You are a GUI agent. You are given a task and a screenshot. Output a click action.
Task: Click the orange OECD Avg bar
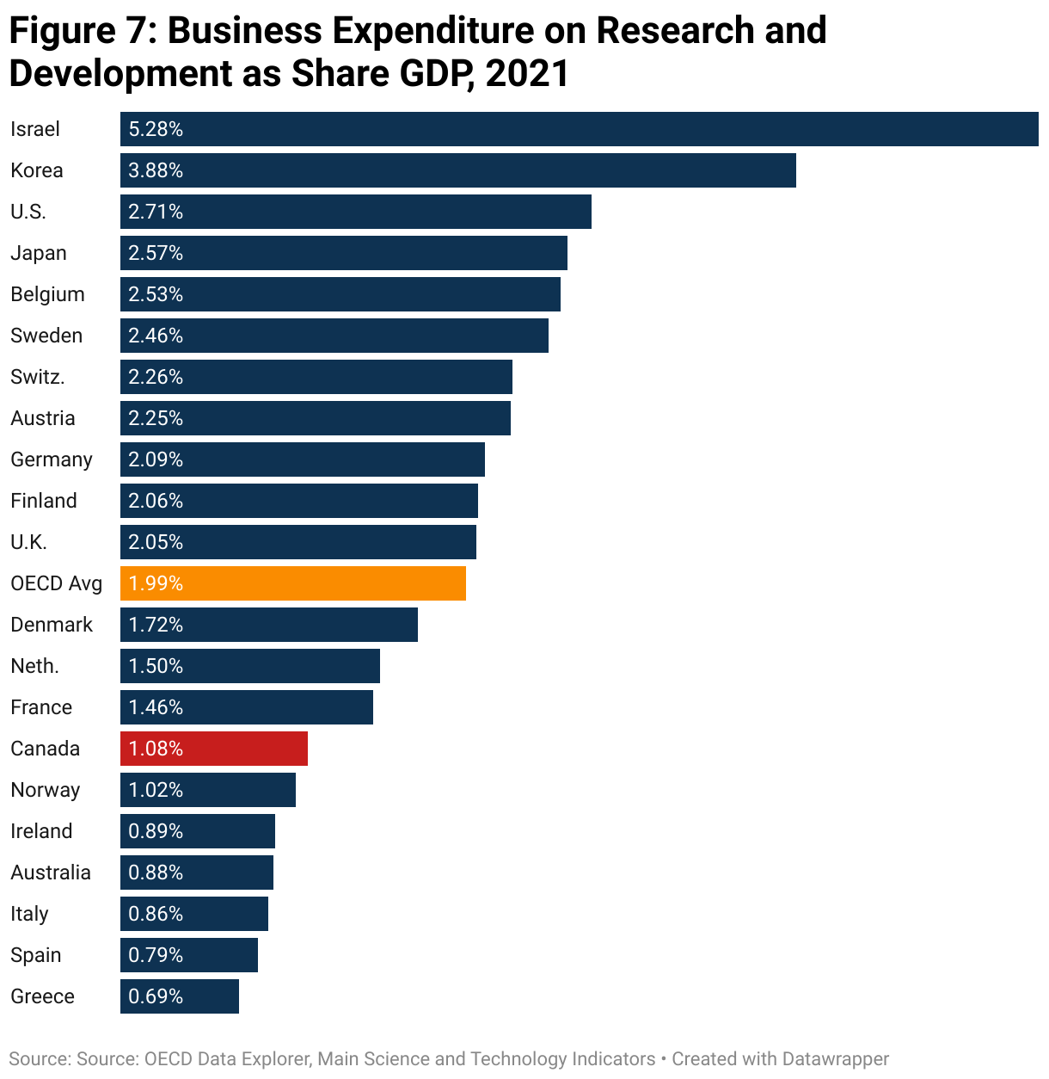pos(292,583)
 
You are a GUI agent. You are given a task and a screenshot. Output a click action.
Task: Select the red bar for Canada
pos(213,749)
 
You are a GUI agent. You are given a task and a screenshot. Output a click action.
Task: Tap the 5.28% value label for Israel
pos(156,129)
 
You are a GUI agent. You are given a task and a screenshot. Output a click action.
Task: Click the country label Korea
pos(37,170)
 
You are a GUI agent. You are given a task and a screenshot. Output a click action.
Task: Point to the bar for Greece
pos(179,996)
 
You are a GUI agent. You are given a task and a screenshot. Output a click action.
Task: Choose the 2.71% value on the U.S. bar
pos(156,212)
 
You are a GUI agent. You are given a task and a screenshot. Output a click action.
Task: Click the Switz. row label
pos(38,377)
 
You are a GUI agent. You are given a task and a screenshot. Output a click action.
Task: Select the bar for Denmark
pos(268,625)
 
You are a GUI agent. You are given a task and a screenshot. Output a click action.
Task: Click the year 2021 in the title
pos(527,74)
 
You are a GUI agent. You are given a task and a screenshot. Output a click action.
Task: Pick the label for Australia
pos(51,872)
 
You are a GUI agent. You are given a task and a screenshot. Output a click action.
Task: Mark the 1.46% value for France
pos(156,707)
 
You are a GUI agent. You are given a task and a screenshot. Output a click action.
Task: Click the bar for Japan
pos(344,253)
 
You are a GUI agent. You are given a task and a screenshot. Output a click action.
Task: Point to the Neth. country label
pos(35,666)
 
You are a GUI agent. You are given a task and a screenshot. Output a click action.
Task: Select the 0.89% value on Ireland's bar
pos(156,831)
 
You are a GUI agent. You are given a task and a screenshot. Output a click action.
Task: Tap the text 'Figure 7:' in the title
pos(83,31)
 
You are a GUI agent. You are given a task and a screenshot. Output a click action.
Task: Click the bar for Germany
pos(302,459)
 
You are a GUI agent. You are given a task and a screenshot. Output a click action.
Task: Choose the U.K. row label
pos(29,542)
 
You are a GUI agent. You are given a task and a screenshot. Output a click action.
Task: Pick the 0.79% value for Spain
pos(156,955)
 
